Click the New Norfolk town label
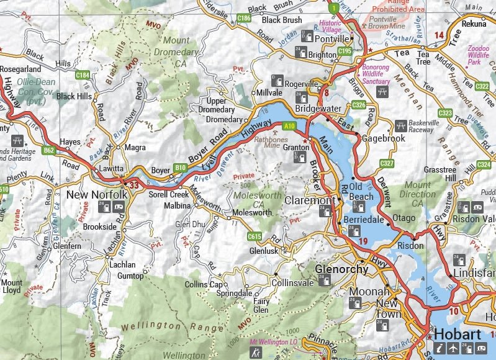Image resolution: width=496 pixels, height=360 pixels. pos(96,195)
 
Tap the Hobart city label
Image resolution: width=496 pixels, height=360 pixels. pos(457,335)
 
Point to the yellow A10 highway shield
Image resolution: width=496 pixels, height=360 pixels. pos(289,126)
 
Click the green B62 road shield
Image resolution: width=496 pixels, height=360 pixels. pos(49,150)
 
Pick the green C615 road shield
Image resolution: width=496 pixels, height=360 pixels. pos(254,236)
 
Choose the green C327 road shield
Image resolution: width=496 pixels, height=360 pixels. pos(387,163)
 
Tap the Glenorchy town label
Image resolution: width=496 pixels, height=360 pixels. pos(341,269)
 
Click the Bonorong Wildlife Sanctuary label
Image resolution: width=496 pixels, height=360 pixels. pos(377,73)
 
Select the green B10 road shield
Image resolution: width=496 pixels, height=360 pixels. pos(180,168)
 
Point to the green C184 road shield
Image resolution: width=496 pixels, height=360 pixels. pos(83,75)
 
